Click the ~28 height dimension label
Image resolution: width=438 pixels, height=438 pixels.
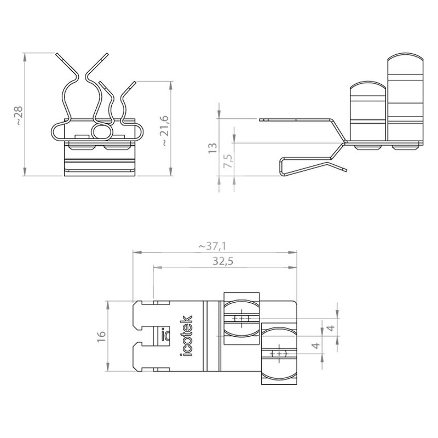19,116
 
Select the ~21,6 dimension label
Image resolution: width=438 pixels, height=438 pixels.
165,130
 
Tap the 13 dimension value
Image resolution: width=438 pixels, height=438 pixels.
212,148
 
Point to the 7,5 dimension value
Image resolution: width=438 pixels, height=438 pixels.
228,160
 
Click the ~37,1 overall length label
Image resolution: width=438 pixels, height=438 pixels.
212,246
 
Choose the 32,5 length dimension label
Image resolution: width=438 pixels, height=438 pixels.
223,261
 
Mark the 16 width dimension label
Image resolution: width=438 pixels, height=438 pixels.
101,336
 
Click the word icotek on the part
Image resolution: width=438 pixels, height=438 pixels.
186,336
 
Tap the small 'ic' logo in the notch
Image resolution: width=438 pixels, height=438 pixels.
165,334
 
